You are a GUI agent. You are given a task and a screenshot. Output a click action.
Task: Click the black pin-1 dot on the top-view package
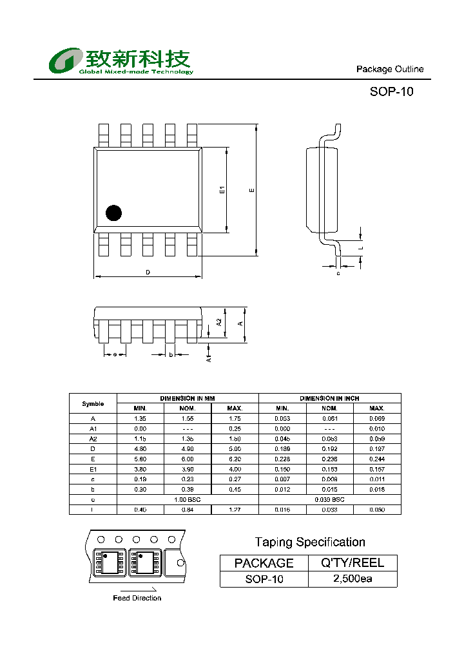(x=114, y=213)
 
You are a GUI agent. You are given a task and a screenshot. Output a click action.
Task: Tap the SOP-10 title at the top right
(x=391, y=91)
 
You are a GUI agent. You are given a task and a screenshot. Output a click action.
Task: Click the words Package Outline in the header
(x=390, y=69)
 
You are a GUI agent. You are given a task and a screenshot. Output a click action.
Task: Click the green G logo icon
(x=64, y=61)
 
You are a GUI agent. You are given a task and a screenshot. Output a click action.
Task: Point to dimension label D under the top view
(x=148, y=273)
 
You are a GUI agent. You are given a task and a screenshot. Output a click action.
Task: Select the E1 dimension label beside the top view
(x=222, y=189)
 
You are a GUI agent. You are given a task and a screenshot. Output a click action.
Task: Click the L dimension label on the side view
(x=362, y=247)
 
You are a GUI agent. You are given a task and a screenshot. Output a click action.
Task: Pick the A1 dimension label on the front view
(x=208, y=358)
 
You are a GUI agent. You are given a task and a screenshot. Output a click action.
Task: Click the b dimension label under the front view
(x=171, y=354)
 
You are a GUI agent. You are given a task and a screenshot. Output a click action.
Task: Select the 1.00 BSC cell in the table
(x=188, y=499)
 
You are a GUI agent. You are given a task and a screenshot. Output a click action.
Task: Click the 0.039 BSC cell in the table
(x=329, y=499)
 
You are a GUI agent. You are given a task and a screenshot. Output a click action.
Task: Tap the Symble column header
(x=93, y=403)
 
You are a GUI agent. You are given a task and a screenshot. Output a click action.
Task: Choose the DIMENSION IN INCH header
(x=329, y=399)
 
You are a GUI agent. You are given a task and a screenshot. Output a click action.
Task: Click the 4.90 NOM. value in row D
(x=188, y=449)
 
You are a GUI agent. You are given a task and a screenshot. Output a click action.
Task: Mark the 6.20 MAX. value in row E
(x=235, y=459)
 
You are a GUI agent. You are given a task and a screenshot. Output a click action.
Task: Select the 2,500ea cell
(x=353, y=579)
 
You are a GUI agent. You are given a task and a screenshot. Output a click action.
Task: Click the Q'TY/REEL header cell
(x=353, y=562)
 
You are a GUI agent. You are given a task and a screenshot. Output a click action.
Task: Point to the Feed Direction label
(x=137, y=598)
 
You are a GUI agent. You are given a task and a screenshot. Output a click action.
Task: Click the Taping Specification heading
(x=310, y=542)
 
